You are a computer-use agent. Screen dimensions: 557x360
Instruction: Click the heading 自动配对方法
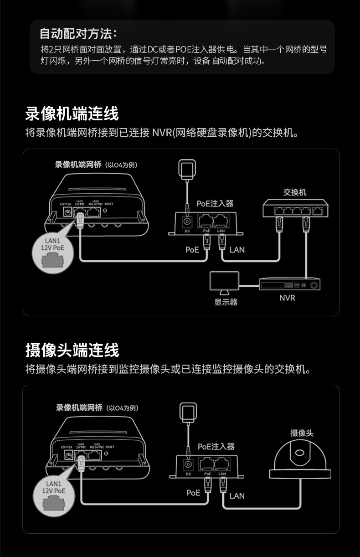(78, 33)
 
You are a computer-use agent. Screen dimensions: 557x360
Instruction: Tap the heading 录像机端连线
(72, 113)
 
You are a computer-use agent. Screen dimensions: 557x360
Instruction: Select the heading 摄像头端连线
(72, 350)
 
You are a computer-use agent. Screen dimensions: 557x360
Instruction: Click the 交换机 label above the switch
(294, 192)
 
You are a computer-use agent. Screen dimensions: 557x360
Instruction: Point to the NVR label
(287, 298)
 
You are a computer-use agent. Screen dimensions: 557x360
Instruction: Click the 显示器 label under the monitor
(226, 302)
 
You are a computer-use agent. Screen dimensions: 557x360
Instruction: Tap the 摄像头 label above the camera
(302, 433)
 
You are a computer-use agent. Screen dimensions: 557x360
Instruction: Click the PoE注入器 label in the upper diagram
(215, 203)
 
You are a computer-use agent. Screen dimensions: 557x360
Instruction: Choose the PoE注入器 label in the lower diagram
(216, 446)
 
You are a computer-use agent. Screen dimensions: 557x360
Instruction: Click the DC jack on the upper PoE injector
(187, 222)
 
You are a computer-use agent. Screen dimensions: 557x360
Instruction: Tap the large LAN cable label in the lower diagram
(237, 495)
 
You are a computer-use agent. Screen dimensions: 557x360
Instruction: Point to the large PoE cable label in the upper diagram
(192, 249)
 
